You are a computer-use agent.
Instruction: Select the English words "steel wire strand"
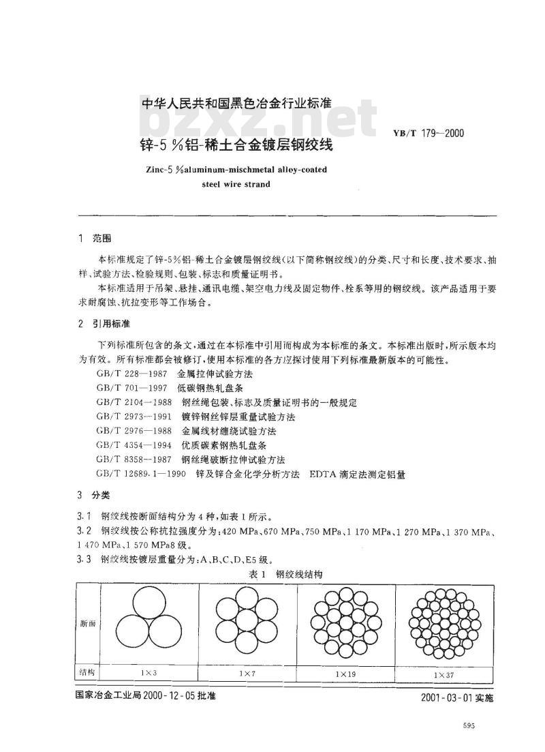236,184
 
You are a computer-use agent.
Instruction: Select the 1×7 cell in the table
247,673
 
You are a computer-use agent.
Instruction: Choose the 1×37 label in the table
443,674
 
